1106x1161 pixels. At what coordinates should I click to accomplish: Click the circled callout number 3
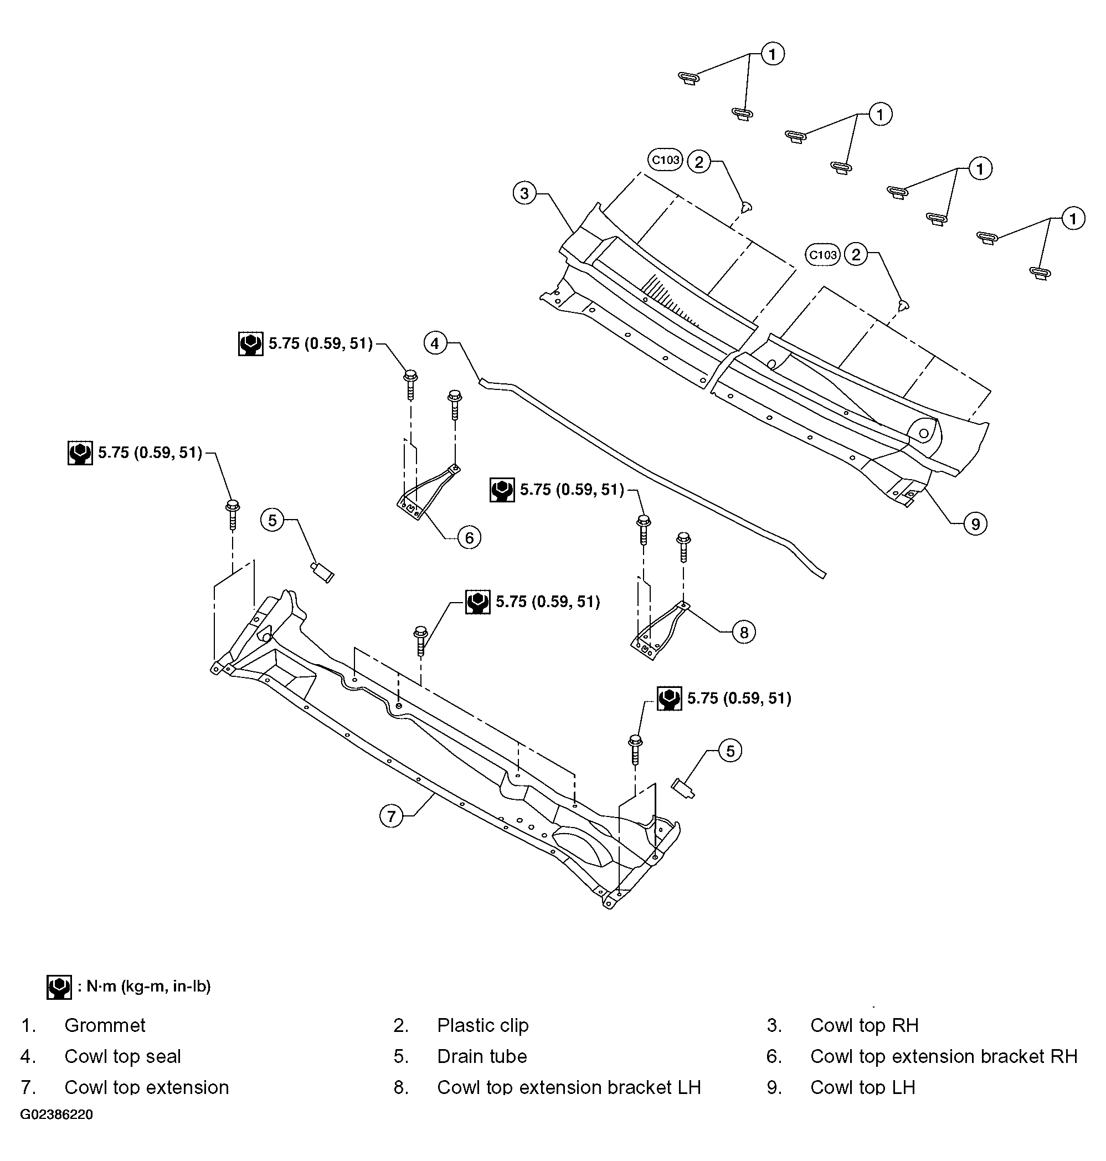524,193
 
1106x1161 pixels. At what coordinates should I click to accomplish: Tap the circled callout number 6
469,538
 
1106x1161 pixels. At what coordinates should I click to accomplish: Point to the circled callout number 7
391,816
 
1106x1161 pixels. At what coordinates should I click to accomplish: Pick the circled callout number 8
743,632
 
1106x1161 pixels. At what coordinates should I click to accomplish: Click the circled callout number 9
975,523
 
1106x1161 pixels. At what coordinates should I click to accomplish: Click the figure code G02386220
56,1114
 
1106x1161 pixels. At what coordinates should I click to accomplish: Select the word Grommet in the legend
105,1025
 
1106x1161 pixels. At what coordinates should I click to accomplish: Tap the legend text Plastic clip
483,1025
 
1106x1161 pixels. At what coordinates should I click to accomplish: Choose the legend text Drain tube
482,1056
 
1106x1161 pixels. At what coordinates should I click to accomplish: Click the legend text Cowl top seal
122,1057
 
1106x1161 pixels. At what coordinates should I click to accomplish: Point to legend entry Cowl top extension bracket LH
569,1087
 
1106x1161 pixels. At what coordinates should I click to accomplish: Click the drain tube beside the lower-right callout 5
683,788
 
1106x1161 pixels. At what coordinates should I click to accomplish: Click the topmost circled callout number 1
772,54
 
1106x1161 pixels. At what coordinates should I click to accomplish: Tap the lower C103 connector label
822,255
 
